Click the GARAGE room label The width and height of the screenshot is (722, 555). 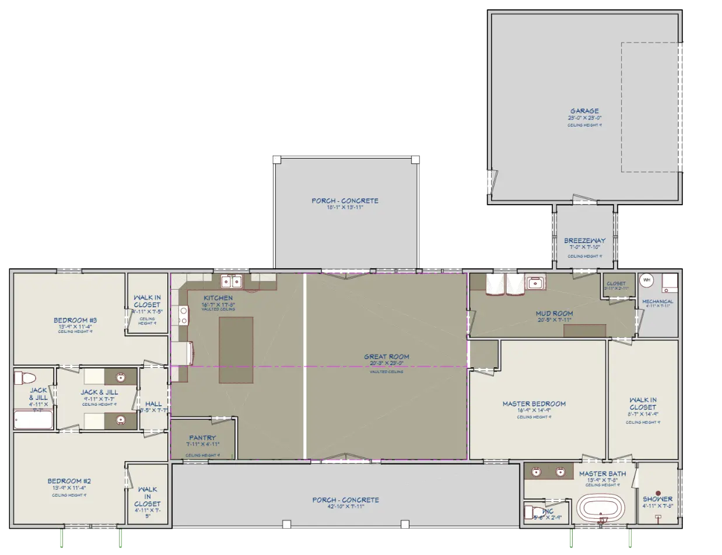click(584, 111)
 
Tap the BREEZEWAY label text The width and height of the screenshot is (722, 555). click(584, 240)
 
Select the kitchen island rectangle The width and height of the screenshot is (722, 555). click(236, 350)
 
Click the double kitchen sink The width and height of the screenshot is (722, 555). click(232, 282)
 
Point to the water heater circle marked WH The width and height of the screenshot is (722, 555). click(646, 280)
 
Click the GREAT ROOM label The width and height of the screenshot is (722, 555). click(386, 356)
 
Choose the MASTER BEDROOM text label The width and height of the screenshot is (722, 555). click(534, 403)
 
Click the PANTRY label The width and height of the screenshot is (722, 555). click(202, 438)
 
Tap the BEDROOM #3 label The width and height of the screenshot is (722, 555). click(75, 319)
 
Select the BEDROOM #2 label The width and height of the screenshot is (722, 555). click(69, 481)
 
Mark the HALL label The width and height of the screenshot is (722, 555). click(154, 403)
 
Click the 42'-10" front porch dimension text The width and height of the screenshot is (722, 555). click(345, 506)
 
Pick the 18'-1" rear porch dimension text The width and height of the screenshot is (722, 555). click(345, 207)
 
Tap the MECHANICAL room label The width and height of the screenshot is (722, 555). click(657, 301)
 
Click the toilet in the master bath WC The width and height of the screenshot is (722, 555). click(531, 512)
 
